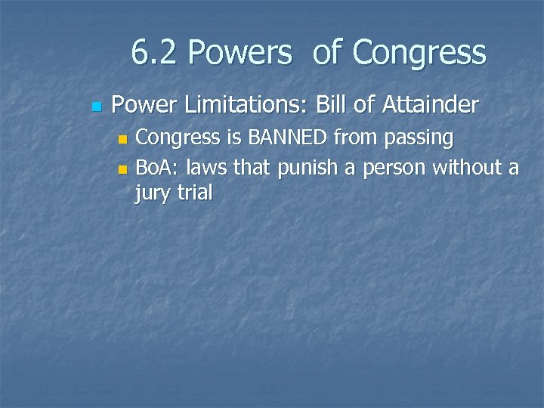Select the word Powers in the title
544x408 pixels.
(240, 53)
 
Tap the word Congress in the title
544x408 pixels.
(419, 53)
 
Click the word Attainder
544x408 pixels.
(430, 105)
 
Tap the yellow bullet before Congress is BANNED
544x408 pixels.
(124, 140)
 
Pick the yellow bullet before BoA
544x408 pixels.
(124, 168)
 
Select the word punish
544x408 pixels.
(308, 167)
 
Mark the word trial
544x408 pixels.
(195, 193)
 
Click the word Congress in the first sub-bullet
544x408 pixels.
(174, 139)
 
